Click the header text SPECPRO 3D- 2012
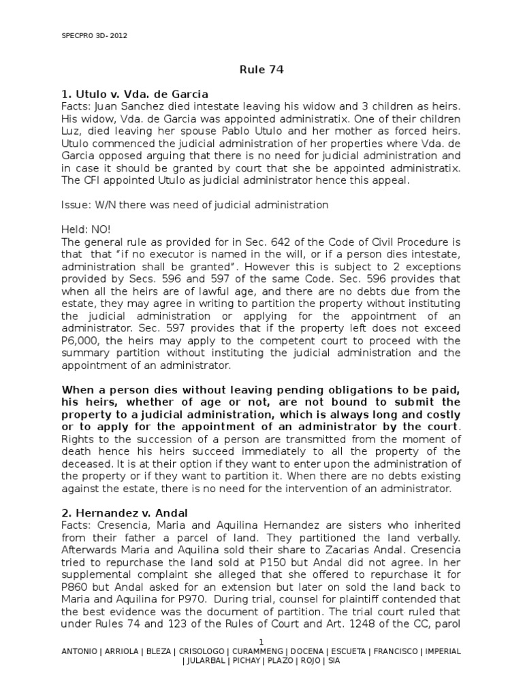(90, 36)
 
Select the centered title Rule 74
(261, 69)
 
